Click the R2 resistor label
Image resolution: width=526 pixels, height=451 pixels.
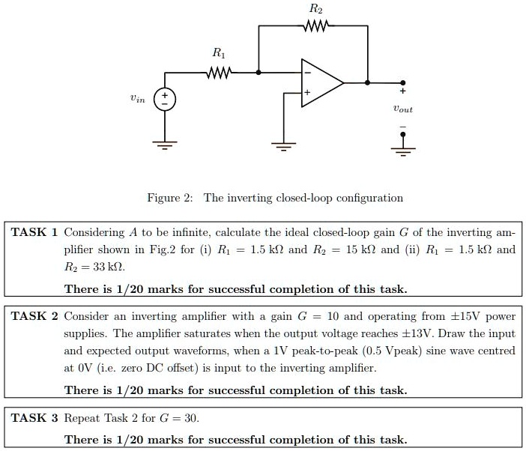[x=316, y=10]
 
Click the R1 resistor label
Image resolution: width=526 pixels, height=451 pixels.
[x=218, y=53]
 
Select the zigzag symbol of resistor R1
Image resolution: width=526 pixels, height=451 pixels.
[x=219, y=73]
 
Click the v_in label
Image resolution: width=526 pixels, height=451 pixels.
[x=136, y=97]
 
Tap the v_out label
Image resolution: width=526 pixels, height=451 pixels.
[x=402, y=109]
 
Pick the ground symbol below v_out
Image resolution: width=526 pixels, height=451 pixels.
[x=403, y=147]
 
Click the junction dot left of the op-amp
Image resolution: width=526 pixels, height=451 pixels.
[x=259, y=73]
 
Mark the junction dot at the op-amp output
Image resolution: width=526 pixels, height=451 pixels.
[x=367, y=82]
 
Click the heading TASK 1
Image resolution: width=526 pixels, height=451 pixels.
[x=34, y=232]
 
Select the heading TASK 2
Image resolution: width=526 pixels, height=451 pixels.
[x=34, y=316]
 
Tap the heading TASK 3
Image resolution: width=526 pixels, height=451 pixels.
[x=34, y=417]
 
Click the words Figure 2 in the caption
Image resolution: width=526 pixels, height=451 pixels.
[x=170, y=199]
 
